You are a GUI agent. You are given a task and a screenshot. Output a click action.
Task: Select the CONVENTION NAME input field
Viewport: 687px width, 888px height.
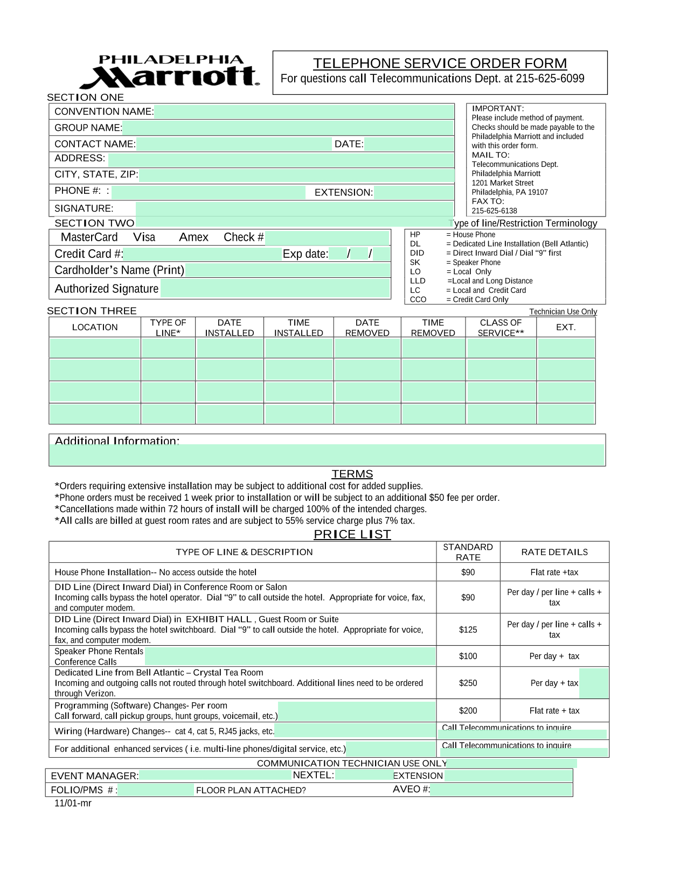tap(304, 112)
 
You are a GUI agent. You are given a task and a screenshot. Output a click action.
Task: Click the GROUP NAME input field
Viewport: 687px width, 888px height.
tap(288, 128)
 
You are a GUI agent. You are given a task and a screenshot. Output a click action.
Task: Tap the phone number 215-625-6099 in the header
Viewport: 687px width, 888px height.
tap(550, 79)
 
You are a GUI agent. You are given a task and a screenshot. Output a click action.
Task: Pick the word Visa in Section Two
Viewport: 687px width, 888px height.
tap(144, 237)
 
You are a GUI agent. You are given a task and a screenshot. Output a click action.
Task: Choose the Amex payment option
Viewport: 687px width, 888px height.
tap(193, 237)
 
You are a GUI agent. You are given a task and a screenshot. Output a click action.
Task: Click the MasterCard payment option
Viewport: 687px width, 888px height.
tap(89, 237)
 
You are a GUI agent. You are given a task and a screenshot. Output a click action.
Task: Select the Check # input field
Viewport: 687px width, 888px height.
tap(327, 237)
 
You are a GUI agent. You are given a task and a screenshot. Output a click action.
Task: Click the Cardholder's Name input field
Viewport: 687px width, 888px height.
tap(287, 270)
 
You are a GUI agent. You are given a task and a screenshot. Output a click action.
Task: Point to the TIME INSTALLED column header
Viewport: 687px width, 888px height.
tap(299, 327)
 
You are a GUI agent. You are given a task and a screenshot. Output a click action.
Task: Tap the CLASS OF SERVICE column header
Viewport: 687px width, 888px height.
tap(501, 327)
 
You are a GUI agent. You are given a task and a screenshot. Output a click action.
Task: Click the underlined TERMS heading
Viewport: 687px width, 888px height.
tap(352, 474)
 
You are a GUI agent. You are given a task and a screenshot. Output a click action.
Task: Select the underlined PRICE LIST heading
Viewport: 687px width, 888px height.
tap(352, 534)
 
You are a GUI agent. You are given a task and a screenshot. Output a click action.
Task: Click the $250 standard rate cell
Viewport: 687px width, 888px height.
tap(468, 683)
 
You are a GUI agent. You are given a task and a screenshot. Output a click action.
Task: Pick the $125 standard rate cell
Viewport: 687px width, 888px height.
tap(468, 630)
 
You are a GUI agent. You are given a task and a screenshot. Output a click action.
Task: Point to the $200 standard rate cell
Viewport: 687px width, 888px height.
tap(468, 711)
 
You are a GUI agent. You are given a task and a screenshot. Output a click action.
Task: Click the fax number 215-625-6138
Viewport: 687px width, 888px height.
tap(494, 211)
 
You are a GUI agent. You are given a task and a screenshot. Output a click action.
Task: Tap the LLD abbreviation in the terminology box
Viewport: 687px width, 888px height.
tap(418, 281)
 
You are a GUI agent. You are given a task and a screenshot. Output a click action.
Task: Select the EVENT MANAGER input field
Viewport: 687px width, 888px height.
tap(215, 775)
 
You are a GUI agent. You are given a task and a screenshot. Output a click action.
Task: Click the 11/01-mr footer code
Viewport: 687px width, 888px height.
tap(73, 803)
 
